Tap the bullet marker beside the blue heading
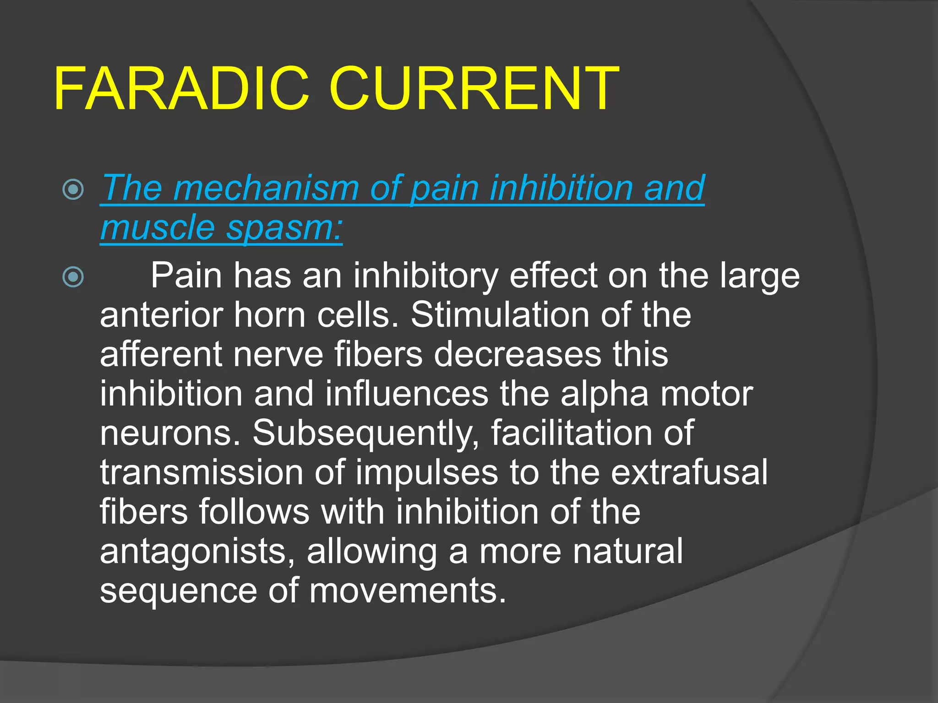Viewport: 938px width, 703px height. tap(73, 189)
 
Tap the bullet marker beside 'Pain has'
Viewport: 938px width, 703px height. tap(73, 277)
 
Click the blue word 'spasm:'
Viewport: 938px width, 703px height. tap(284, 228)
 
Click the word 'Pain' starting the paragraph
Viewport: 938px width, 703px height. tap(186, 276)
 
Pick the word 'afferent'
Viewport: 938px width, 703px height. tap(161, 355)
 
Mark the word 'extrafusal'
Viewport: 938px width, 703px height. tap(689, 473)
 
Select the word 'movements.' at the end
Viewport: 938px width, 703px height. tap(408, 591)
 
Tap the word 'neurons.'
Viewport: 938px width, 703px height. tap(170, 434)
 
